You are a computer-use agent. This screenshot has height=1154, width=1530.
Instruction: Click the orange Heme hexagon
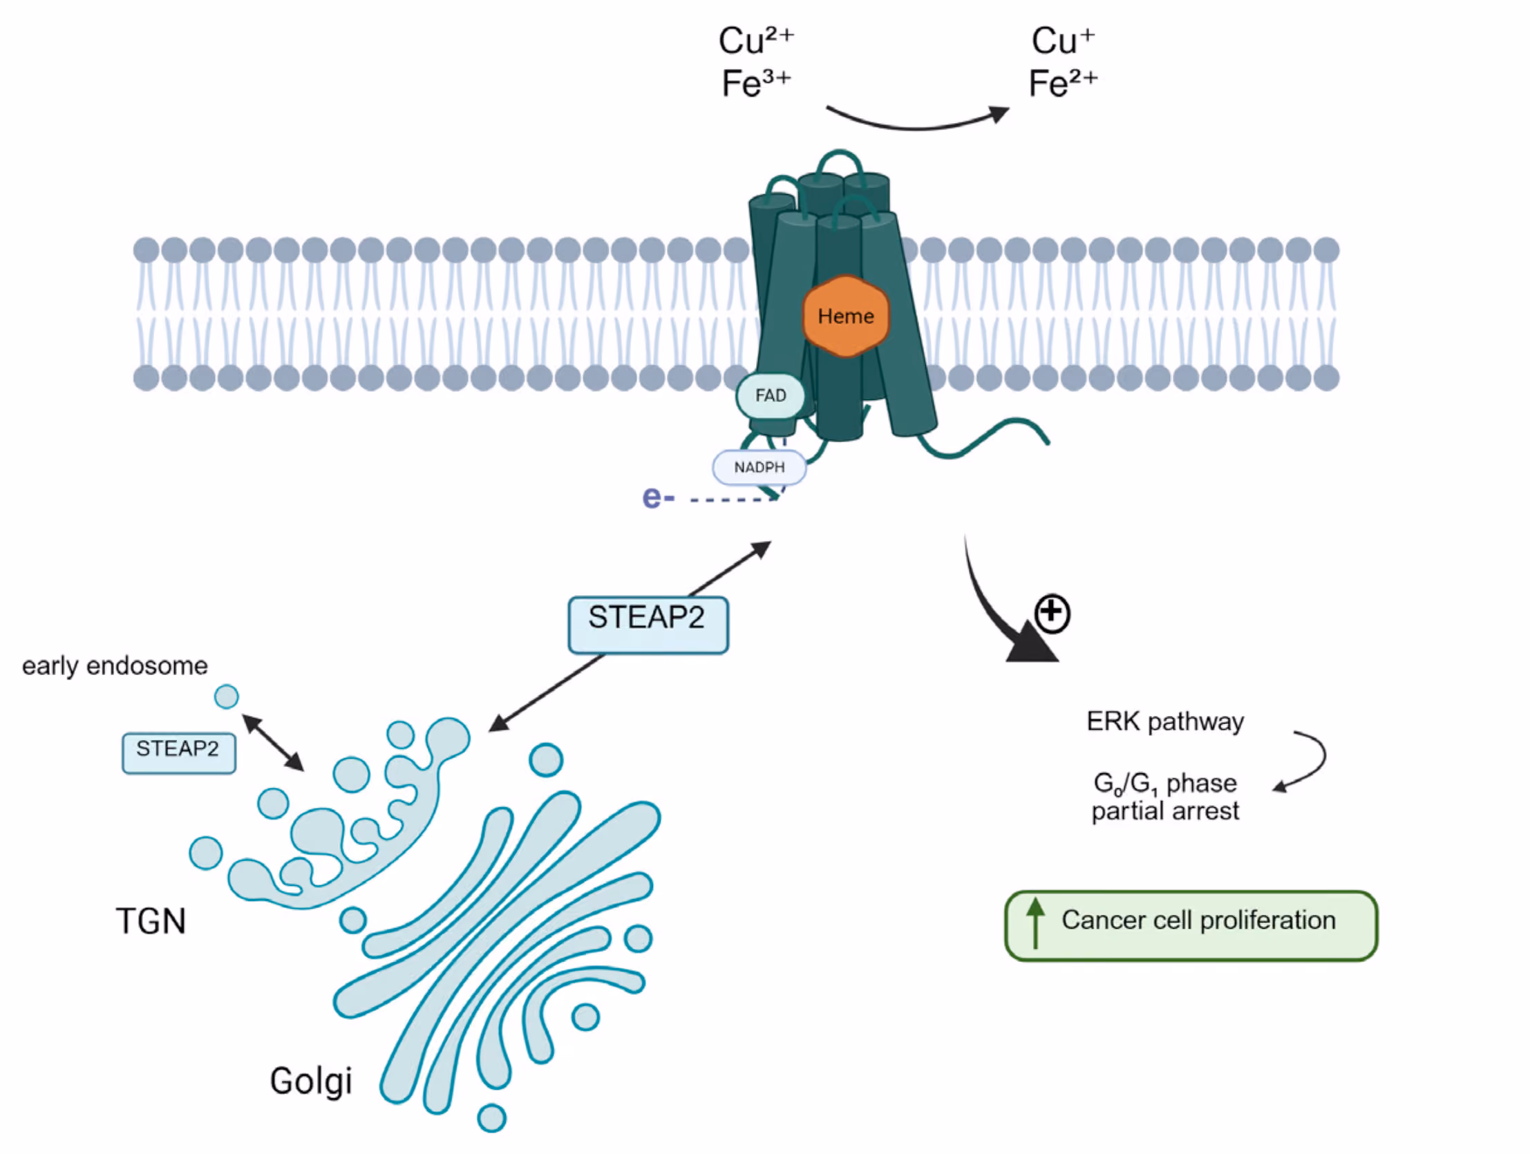[x=845, y=316]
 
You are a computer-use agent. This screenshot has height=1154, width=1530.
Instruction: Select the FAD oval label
[x=771, y=396]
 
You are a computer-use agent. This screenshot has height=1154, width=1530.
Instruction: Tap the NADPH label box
[x=759, y=468]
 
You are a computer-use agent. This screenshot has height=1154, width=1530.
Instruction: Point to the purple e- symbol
[x=658, y=498]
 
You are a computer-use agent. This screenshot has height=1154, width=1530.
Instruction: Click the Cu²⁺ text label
[x=756, y=41]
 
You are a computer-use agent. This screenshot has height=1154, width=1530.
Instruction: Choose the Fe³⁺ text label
[x=756, y=84]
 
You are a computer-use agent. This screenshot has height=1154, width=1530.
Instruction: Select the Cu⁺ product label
[x=1063, y=41]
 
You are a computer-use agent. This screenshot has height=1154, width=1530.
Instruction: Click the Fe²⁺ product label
[x=1063, y=84]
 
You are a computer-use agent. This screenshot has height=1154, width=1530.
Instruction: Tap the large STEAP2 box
[x=648, y=625]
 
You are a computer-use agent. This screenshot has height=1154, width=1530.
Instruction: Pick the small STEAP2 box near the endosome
[x=178, y=753]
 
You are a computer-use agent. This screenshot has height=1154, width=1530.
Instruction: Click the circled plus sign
[x=1052, y=613]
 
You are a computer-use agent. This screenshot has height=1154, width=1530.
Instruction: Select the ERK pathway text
[x=1165, y=721]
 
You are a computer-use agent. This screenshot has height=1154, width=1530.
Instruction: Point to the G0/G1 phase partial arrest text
[x=1165, y=797]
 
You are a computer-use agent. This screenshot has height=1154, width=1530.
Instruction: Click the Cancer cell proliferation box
[x=1191, y=926]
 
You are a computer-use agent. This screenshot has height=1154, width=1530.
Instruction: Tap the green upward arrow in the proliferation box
[x=1035, y=923]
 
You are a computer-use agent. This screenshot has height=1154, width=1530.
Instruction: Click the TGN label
[x=151, y=922]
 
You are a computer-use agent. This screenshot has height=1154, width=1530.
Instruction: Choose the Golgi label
[x=311, y=1081]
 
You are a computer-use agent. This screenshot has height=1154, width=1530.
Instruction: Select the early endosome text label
[x=115, y=665]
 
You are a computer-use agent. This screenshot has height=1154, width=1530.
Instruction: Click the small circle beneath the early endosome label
[x=226, y=697]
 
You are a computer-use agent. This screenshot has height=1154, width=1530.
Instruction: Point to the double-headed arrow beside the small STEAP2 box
[x=272, y=743]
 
